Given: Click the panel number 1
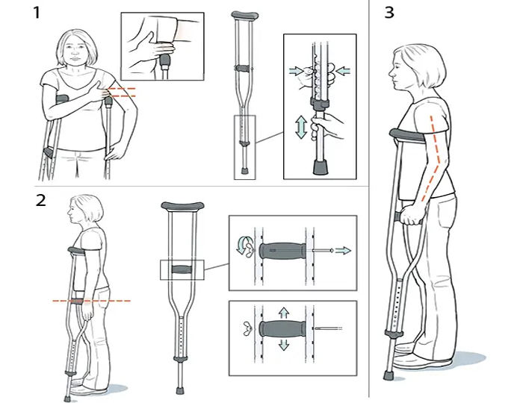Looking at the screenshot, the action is [37, 13].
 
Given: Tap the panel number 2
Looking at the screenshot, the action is [40, 200].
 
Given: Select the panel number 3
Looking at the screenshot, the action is [389, 13].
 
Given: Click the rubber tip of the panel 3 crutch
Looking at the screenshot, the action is [388, 375].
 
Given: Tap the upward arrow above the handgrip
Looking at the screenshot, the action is [283, 313].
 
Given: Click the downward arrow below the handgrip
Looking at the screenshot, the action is [283, 345].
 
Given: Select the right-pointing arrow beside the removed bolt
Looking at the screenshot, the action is [343, 251].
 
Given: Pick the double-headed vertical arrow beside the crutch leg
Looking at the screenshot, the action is [301, 127].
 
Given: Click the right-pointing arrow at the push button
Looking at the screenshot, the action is [296, 71].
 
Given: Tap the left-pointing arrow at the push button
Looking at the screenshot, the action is [343, 71].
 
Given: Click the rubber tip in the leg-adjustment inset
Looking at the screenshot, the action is [321, 167].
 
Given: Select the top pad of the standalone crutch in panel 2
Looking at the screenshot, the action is [182, 206].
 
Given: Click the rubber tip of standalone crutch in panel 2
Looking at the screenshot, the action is [180, 390].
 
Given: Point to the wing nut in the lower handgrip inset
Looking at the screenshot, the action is [247, 328].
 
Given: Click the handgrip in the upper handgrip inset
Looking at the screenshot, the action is [282, 251].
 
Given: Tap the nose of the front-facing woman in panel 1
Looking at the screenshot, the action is [75, 51].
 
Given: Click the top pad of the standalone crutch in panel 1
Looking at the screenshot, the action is [245, 16].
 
